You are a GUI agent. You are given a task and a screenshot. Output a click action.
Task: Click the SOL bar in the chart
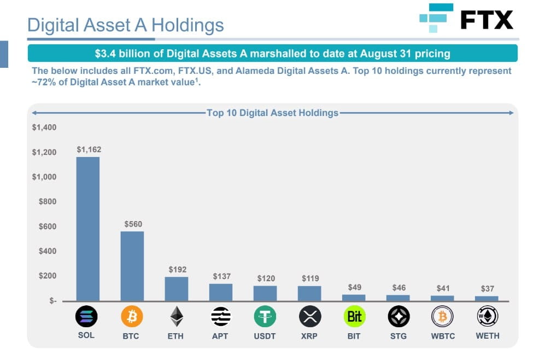[x=87, y=229]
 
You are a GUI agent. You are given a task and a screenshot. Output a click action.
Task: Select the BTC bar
[x=132, y=266]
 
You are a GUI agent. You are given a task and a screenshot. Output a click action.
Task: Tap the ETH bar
[x=176, y=288]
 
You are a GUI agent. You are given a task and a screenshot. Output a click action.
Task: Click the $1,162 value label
[x=89, y=149]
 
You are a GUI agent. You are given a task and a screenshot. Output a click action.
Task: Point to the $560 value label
[x=133, y=224]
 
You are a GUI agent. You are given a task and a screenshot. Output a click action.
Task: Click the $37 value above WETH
[x=487, y=288]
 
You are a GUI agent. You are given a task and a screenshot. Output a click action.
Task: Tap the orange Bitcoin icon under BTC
[x=132, y=316]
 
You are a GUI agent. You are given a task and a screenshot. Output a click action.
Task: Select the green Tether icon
[x=265, y=316]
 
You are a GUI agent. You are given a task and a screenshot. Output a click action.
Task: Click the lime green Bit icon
[x=354, y=316]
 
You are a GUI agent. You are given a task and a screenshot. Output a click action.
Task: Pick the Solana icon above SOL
[x=86, y=316]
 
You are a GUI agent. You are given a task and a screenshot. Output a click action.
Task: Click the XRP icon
[x=309, y=316]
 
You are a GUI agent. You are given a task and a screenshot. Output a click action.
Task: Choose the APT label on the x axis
[x=220, y=336]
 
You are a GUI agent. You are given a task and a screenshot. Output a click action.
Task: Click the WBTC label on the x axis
[x=443, y=336]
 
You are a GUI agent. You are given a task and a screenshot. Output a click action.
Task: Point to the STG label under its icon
[x=398, y=336]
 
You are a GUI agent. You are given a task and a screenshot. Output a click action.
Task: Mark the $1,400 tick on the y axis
[x=44, y=127]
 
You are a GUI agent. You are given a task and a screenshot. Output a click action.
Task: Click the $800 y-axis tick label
[x=46, y=202]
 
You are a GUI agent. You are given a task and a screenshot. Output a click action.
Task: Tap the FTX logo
[x=466, y=19]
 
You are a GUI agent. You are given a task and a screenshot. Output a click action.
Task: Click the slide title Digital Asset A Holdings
[x=125, y=25]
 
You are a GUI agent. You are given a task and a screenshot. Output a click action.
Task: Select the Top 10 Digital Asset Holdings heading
[x=273, y=113]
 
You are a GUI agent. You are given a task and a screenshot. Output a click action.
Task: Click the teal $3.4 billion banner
[x=272, y=54]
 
